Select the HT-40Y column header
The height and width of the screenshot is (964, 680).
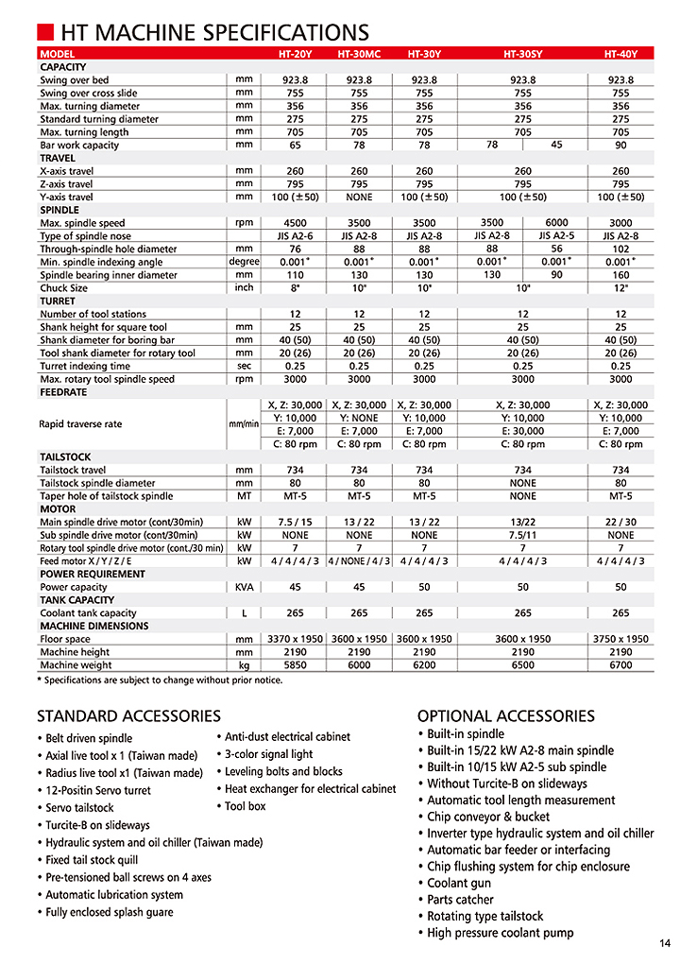[x=620, y=55]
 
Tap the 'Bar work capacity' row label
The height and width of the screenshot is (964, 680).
[x=79, y=146]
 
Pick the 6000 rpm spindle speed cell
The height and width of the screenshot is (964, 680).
[x=556, y=222]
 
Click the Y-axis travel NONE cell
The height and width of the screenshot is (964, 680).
[x=359, y=197]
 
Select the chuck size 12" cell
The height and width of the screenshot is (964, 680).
[x=620, y=288]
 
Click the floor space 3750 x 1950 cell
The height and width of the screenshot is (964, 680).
[x=620, y=639]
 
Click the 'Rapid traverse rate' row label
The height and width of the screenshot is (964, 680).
[x=80, y=424]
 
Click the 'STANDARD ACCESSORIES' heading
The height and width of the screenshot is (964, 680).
[x=128, y=716]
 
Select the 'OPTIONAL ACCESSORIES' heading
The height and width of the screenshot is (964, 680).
[x=506, y=716]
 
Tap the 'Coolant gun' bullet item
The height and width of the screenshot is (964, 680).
[x=459, y=884]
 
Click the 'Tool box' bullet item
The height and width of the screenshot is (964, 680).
[x=245, y=806]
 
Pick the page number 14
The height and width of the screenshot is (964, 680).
[x=664, y=942]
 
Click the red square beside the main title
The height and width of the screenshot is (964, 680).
[x=46, y=34]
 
